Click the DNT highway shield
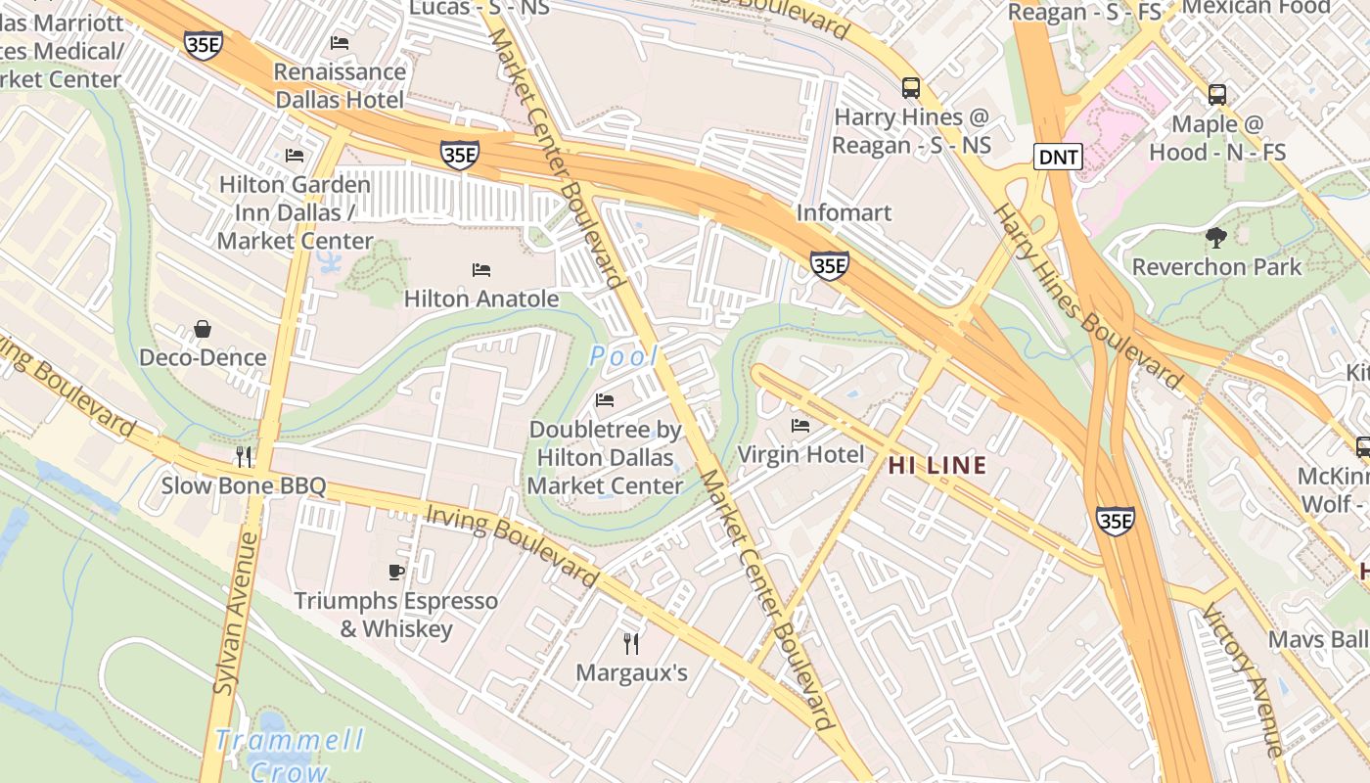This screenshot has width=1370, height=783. tap(1058, 157)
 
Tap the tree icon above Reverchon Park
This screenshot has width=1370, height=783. tap(1216, 237)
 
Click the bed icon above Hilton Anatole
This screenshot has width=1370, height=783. tap(480, 269)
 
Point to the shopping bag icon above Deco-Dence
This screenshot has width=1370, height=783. tap(203, 329)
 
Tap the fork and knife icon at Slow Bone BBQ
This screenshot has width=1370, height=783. tap(244, 456)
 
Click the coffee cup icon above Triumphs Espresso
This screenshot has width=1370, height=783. tap(396, 572)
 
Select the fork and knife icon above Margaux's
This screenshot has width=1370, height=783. tap(631, 643)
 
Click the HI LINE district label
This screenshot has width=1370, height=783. tap(936, 466)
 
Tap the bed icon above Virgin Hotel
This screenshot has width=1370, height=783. tap(800, 426)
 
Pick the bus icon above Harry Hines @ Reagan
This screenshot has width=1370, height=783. tap(911, 88)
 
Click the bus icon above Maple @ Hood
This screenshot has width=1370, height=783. tap(1216, 95)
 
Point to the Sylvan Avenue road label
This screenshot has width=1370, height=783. tap(232, 614)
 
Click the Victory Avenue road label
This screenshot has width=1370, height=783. tap(1242, 681)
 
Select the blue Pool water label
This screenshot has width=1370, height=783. tap(623, 357)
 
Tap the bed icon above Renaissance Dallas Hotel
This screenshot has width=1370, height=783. tap(340, 42)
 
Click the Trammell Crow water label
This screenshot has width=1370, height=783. tap(290, 754)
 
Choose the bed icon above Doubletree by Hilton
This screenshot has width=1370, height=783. tap(605, 400)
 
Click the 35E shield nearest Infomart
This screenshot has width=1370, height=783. tap(829, 264)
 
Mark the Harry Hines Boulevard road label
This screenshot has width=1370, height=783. tap(1087, 294)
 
